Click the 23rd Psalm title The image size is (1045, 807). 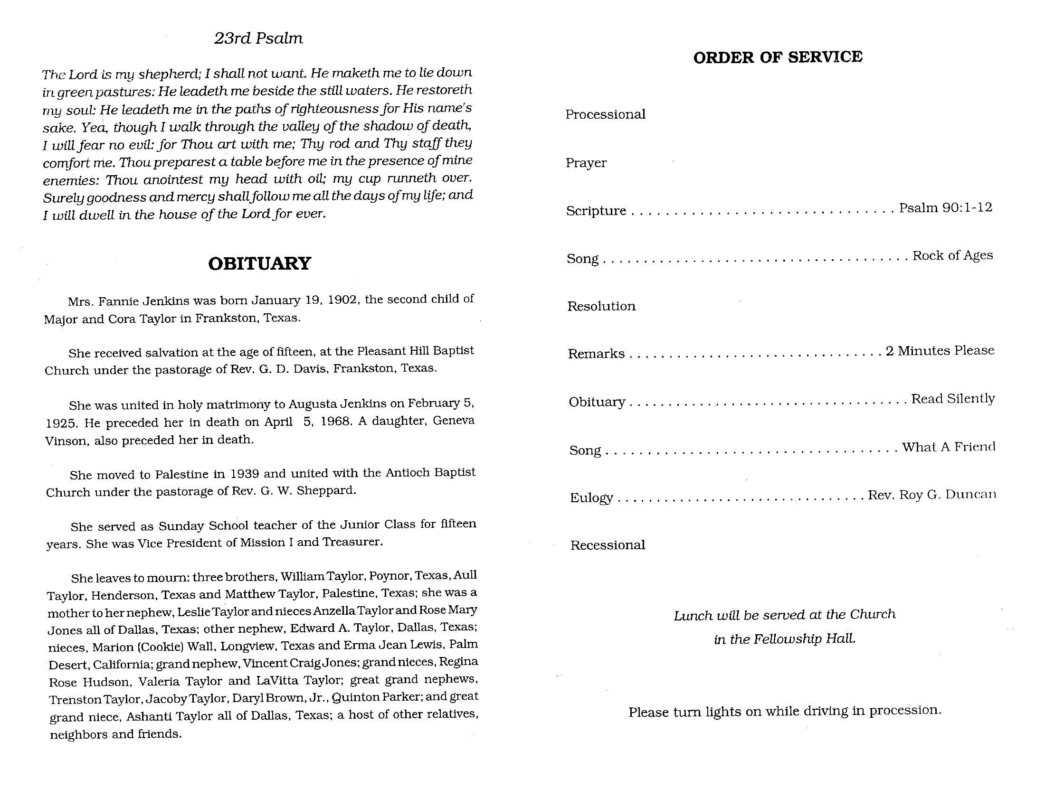click(258, 38)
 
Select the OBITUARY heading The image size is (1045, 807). click(259, 263)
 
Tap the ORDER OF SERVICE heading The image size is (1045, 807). click(778, 57)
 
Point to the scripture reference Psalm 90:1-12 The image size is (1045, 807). click(945, 207)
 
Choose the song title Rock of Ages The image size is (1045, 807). click(952, 255)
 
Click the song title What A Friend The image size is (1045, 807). click(949, 447)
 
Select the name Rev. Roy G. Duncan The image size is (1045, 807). click(931, 495)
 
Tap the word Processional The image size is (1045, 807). click(605, 114)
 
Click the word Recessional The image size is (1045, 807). click(608, 545)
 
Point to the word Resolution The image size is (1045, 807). click(601, 306)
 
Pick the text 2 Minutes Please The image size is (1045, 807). click(940, 351)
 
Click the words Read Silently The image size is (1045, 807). click(953, 399)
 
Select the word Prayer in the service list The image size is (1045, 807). click(586, 163)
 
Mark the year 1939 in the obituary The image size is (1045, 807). click(245, 474)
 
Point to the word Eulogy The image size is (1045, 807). click(591, 497)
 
